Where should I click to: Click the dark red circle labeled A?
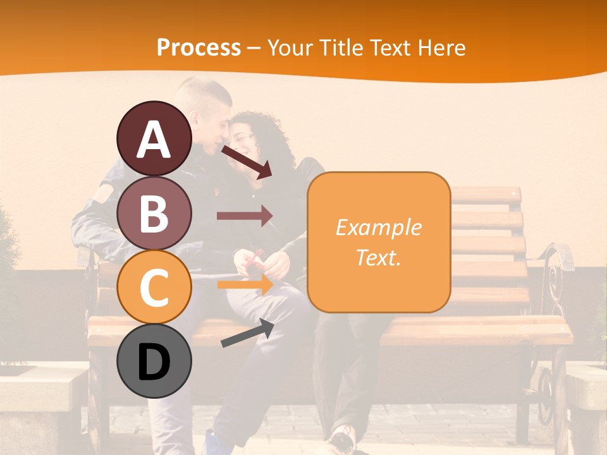154,138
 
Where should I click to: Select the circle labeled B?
154,213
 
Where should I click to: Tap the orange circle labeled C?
154,288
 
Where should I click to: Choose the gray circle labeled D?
154,361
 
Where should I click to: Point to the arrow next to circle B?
245,216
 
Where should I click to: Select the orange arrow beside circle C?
245,285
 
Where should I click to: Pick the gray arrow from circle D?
247,333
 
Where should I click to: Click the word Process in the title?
199,48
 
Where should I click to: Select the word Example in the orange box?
378,227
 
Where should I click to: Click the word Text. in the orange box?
378,257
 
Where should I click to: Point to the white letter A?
154,139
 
